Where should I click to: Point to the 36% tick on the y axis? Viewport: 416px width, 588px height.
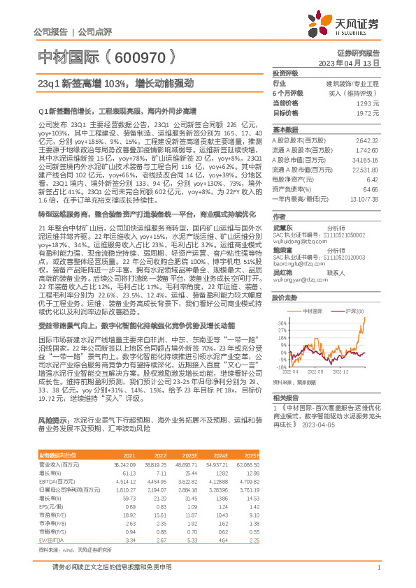click(x=280, y=304)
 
